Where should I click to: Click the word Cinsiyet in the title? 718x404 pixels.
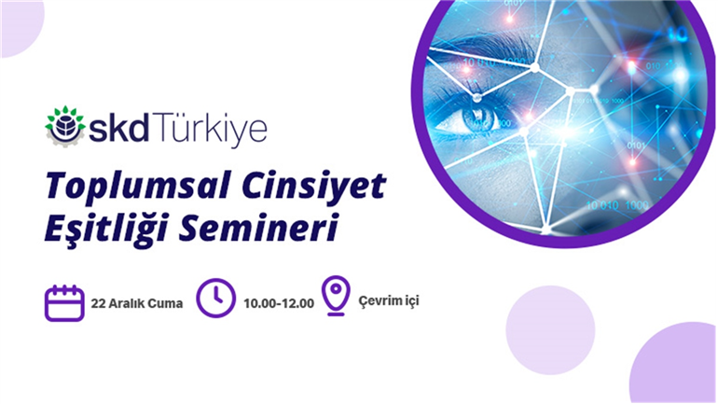pyautogui.click(x=314, y=186)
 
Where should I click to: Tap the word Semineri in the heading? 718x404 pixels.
pyautogui.click(x=258, y=228)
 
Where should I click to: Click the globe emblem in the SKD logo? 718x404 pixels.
pyautogui.click(x=65, y=126)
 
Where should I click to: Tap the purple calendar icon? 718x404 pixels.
pyautogui.click(x=64, y=303)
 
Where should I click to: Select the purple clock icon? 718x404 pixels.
pyautogui.click(x=215, y=299)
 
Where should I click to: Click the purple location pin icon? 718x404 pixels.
pyautogui.click(x=336, y=296)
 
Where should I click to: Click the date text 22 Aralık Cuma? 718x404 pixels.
pyautogui.click(x=137, y=303)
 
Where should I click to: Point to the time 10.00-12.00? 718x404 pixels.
pyautogui.click(x=279, y=303)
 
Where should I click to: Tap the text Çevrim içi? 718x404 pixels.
pyautogui.click(x=388, y=301)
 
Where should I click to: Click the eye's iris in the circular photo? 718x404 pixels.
pyautogui.click(x=480, y=118)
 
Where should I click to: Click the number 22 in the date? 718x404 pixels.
pyautogui.click(x=98, y=303)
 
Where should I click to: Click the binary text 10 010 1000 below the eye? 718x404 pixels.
pyautogui.click(x=617, y=205)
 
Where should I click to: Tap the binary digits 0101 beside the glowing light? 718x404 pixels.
pyautogui.click(x=637, y=146)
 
